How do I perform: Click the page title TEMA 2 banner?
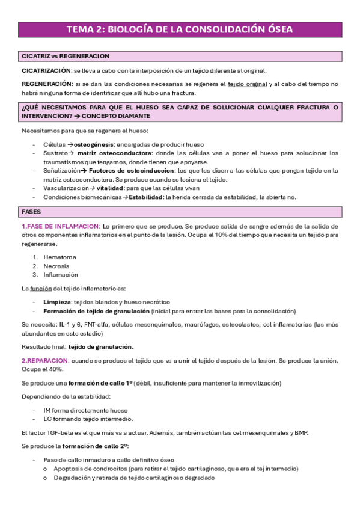(x=180, y=29)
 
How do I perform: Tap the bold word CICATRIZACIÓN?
(x=46, y=70)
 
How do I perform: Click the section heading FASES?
(x=31, y=212)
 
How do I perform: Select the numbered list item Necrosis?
(x=56, y=266)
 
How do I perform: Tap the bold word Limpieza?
(x=58, y=301)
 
